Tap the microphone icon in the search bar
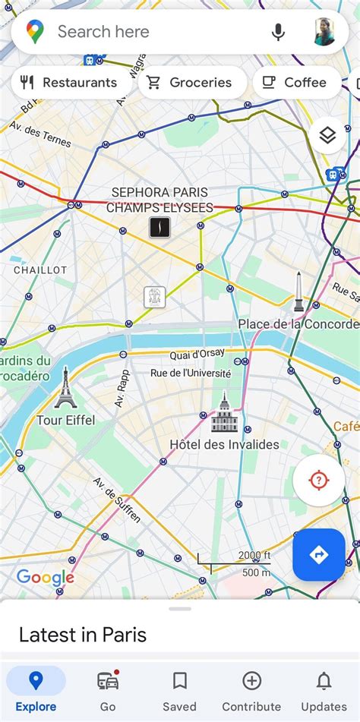[x=278, y=32]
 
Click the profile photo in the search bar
[x=324, y=32]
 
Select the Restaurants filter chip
[x=69, y=83]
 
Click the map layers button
[x=327, y=136]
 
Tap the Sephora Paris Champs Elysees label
[x=159, y=200]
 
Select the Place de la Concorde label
[x=298, y=324]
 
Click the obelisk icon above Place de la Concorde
[x=298, y=292]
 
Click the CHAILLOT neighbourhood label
[x=40, y=270]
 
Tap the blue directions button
[x=318, y=555]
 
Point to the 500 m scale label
[x=255, y=572]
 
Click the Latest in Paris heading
[x=83, y=635]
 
